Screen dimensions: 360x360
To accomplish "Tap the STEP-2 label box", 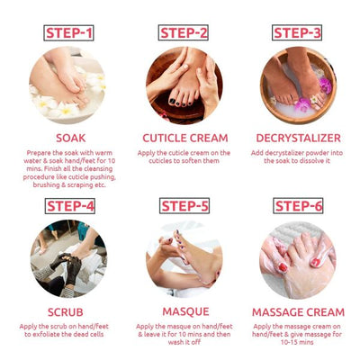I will (184, 33).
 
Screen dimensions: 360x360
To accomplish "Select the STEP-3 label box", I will (298, 33).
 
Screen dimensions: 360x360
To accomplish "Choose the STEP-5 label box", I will (184, 205).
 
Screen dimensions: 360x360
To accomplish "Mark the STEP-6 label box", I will (298, 205).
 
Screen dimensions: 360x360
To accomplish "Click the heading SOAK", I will (70, 138).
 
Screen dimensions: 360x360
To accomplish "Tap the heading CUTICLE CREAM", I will (184, 138).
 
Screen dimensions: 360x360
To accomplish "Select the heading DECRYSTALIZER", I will (298, 138).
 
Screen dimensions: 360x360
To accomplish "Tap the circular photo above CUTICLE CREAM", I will (184, 85).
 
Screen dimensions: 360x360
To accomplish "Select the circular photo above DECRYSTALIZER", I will (298, 85).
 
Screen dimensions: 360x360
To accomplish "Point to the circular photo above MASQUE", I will (184, 258).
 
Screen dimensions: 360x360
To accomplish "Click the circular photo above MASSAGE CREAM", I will (298, 258).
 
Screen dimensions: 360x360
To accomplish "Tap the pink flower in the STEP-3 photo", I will (323, 85).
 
